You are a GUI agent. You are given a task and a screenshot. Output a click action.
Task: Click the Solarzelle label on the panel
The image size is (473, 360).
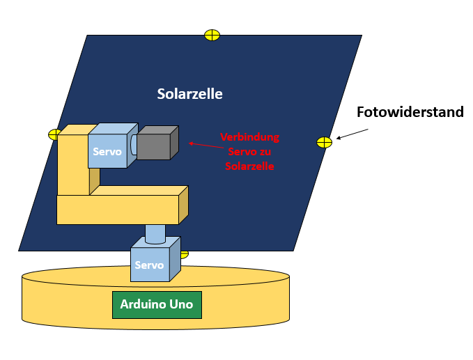[x=189, y=94]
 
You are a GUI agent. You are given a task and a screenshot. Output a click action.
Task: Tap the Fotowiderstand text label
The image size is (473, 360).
[x=410, y=112]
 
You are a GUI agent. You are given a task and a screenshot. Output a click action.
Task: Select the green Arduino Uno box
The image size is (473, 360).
[x=157, y=304]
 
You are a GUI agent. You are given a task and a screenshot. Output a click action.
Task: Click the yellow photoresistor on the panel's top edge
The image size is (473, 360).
[x=212, y=35]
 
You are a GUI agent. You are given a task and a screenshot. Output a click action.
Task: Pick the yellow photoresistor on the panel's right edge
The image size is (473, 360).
[x=324, y=142]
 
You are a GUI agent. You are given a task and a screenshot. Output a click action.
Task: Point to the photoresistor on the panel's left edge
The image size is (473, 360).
[x=54, y=134]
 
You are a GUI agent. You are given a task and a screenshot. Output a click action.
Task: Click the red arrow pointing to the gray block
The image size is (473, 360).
[x=202, y=144]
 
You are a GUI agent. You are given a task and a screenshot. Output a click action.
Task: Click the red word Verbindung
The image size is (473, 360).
[x=249, y=136]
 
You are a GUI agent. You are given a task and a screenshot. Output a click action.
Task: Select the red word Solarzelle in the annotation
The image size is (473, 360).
[x=249, y=166]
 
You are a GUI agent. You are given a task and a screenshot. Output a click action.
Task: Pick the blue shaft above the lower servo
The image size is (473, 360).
[x=155, y=232]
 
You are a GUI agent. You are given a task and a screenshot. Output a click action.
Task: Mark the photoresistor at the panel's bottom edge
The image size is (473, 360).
[x=184, y=254]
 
